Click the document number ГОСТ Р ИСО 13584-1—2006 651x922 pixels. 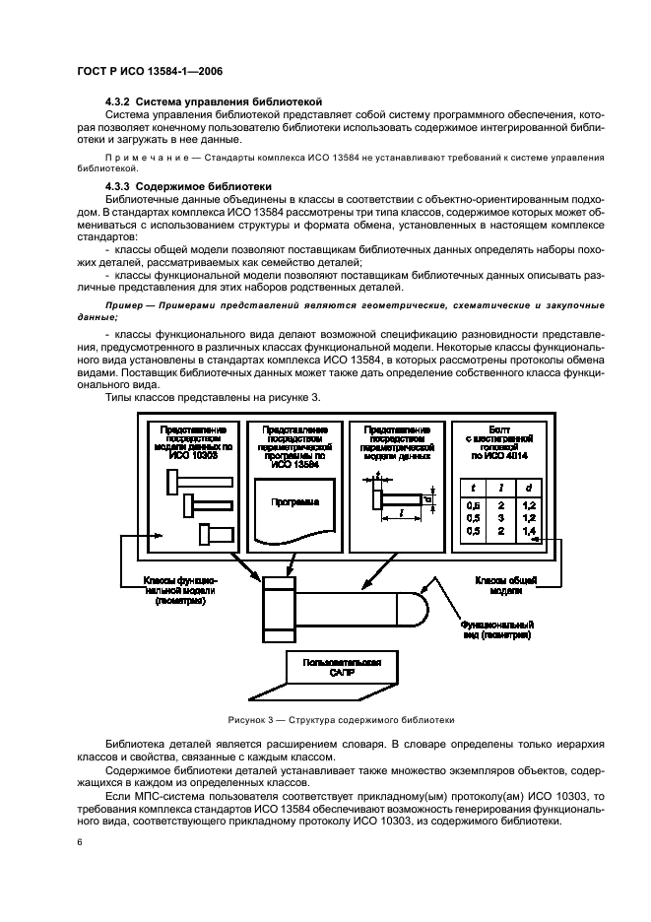click(155, 70)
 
